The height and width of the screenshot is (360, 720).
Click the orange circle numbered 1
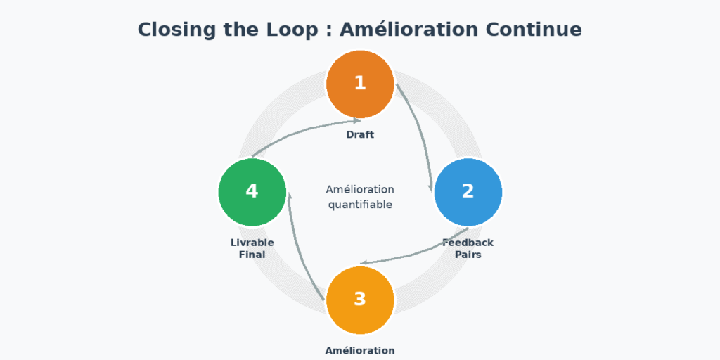pos(360,84)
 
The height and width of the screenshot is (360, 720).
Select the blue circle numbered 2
pos(468,192)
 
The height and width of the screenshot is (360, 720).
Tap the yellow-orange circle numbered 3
pos(360,300)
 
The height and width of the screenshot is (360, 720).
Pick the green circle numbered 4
pos(252,192)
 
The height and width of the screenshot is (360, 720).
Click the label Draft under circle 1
pos(360,134)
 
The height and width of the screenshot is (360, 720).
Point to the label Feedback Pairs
pos(468,248)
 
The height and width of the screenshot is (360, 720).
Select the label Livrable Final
pos(252,248)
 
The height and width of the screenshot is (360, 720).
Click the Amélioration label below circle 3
pos(360,350)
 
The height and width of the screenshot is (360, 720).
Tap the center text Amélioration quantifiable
pos(360,197)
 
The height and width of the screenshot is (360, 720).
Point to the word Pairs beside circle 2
pos(468,255)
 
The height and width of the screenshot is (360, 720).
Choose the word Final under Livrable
pos(252,255)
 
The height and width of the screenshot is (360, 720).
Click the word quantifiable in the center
pos(360,205)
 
